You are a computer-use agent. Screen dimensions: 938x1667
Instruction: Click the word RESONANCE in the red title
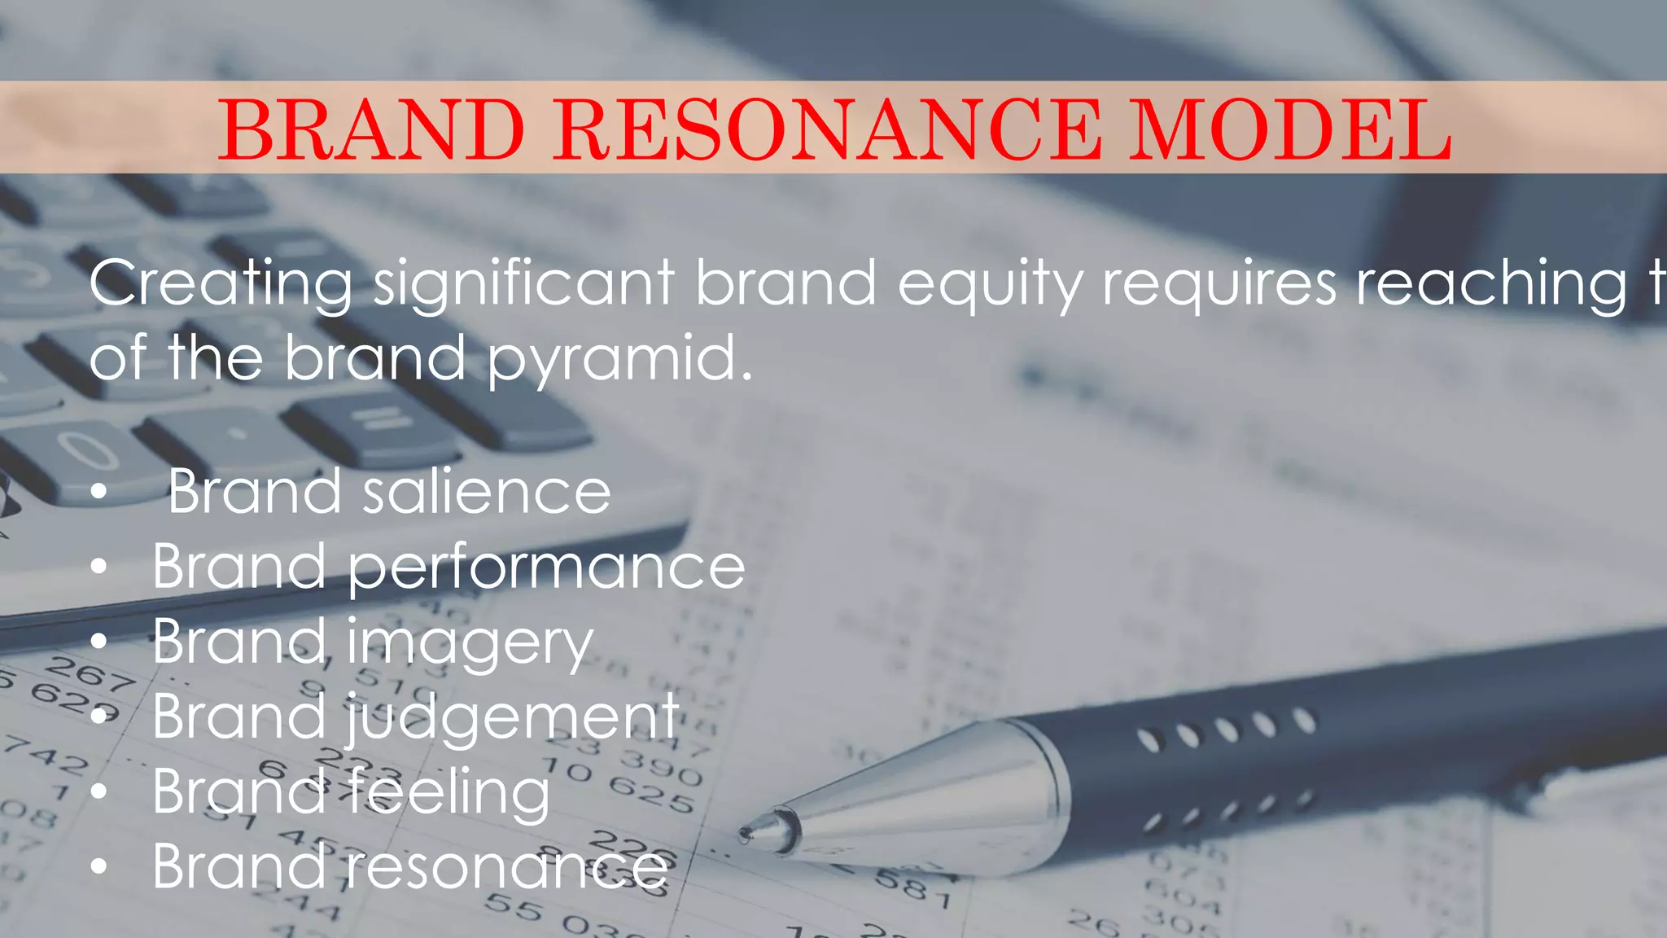[x=828, y=130]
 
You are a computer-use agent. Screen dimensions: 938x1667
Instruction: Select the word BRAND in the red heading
[x=371, y=130]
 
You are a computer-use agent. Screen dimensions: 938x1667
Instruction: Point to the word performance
[x=546, y=568]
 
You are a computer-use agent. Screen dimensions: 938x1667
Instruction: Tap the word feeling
[x=449, y=792]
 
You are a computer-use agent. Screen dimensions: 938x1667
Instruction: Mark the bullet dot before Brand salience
[x=99, y=493]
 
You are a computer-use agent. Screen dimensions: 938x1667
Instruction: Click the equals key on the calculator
[x=378, y=420]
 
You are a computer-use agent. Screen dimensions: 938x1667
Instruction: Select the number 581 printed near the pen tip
[x=912, y=888]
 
